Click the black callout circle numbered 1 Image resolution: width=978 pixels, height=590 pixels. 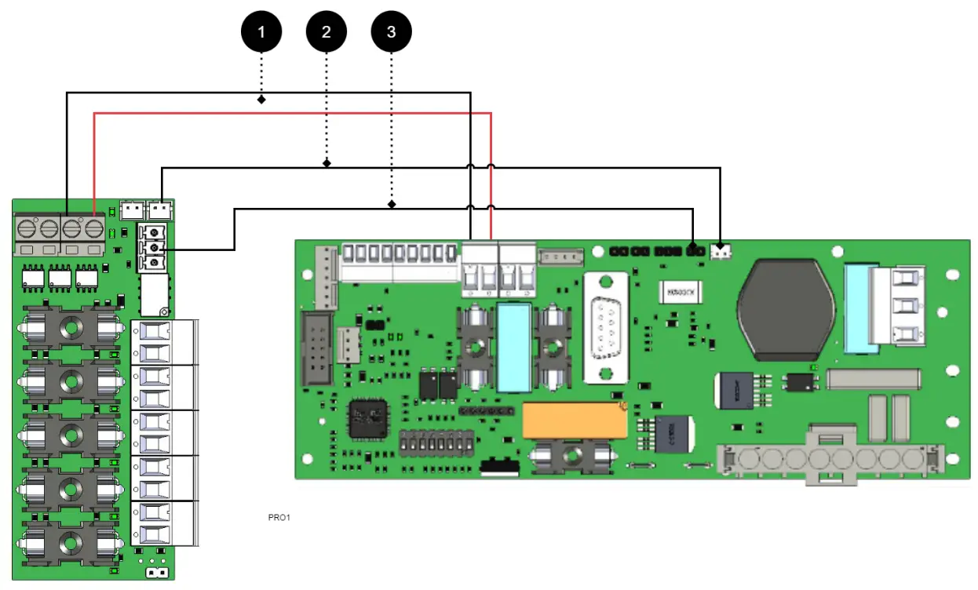(261, 32)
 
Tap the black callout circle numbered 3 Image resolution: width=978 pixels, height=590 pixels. (391, 32)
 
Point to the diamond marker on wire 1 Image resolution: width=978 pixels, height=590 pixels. (261, 100)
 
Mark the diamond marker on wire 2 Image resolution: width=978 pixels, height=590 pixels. (327, 163)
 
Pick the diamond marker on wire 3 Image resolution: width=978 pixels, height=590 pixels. (391, 204)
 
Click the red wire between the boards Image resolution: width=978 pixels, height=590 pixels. (290, 113)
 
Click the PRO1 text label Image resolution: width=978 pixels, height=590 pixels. (279, 518)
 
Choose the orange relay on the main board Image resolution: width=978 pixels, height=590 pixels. (575, 421)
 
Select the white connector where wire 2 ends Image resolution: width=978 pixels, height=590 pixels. (720, 252)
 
